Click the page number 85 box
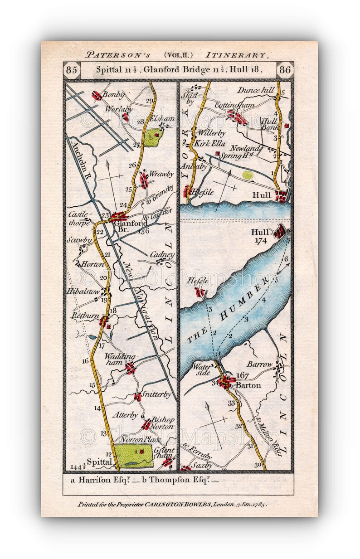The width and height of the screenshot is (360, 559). click(x=72, y=70)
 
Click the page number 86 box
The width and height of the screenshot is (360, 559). click(x=287, y=70)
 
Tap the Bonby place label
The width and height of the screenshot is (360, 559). click(x=113, y=95)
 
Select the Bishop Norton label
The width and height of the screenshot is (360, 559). click(x=163, y=423)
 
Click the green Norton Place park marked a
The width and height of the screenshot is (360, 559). click(x=134, y=456)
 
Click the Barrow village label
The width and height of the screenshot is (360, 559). click(x=260, y=364)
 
